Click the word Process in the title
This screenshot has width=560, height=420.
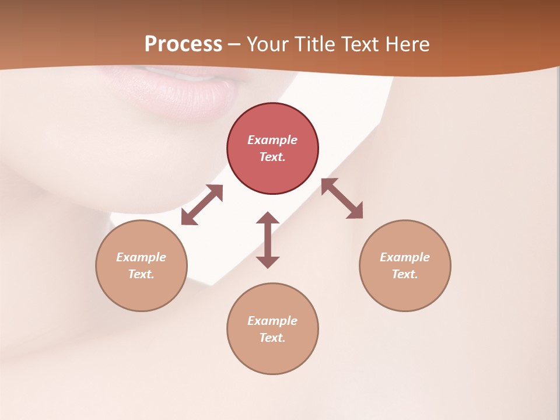(183, 44)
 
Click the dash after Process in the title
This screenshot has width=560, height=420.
(235, 45)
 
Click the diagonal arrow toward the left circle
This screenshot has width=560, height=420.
(202, 205)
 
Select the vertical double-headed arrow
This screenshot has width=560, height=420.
(268, 239)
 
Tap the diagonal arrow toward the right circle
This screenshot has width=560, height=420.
(342, 198)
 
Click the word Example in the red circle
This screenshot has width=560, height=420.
(272, 140)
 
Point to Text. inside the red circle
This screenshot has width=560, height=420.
(272, 157)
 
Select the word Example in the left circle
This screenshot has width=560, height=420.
(141, 257)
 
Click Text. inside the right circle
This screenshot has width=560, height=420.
(405, 274)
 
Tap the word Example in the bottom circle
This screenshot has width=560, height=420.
(272, 321)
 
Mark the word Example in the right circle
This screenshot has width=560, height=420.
(405, 257)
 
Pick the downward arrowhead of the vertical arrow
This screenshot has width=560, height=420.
(268, 261)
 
